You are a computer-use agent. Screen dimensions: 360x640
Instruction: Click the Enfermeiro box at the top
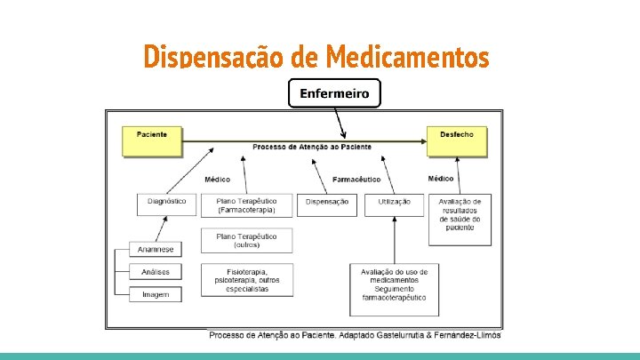coord(334,92)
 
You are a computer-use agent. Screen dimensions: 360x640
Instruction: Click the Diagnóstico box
coord(166,204)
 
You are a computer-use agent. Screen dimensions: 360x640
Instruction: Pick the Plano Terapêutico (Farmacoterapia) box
coord(246,205)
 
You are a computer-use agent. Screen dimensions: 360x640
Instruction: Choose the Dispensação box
coord(326,204)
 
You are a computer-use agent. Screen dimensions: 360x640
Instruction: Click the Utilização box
coord(394,204)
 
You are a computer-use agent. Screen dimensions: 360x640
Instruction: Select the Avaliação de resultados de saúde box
coord(460,218)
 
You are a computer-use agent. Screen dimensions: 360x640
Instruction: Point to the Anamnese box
coord(156,249)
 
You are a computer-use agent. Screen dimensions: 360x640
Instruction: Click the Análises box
coord(156,271)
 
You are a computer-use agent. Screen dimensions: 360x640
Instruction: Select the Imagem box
coord(156,293)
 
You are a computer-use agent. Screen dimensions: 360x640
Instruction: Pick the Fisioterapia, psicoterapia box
coord(246,280)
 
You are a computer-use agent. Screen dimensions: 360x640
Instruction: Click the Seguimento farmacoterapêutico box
coord(394,289)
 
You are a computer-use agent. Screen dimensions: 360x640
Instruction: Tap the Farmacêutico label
coord(357,179)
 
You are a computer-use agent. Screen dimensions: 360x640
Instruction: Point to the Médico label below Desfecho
coord(440,179)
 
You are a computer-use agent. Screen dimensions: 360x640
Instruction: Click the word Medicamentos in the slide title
coord(407,58)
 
